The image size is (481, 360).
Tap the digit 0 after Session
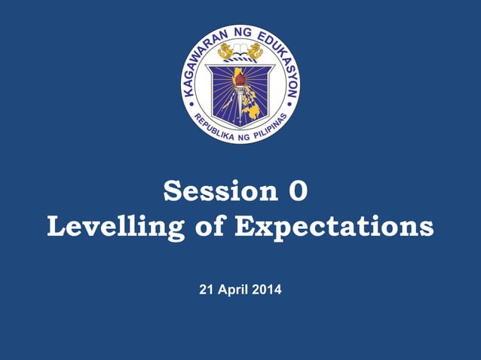299,191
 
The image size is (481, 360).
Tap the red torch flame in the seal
239,75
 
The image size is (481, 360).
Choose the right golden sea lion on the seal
254,51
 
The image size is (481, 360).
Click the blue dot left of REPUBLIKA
188,106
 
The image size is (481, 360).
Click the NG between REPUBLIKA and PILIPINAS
240,137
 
